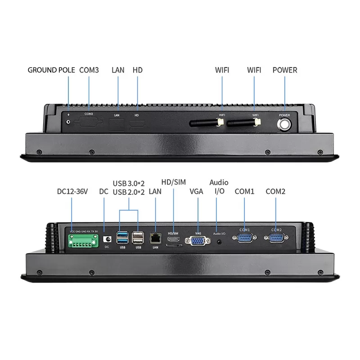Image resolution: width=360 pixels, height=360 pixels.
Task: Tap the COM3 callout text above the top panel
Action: coord(89,70)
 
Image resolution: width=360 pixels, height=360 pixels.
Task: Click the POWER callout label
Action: coord(285,70)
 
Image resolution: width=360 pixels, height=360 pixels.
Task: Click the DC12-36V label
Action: coord(72,191)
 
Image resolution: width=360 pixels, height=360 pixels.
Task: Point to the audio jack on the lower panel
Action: coord(220,241)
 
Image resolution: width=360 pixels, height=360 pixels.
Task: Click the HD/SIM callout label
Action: coord(173,182)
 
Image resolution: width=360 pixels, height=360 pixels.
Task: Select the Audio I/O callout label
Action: coord(219,187)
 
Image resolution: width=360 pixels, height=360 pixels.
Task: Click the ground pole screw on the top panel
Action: coord(68,121)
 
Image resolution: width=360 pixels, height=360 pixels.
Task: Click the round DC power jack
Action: coord(107,239)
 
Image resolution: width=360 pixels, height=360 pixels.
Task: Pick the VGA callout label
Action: coord(196,191)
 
